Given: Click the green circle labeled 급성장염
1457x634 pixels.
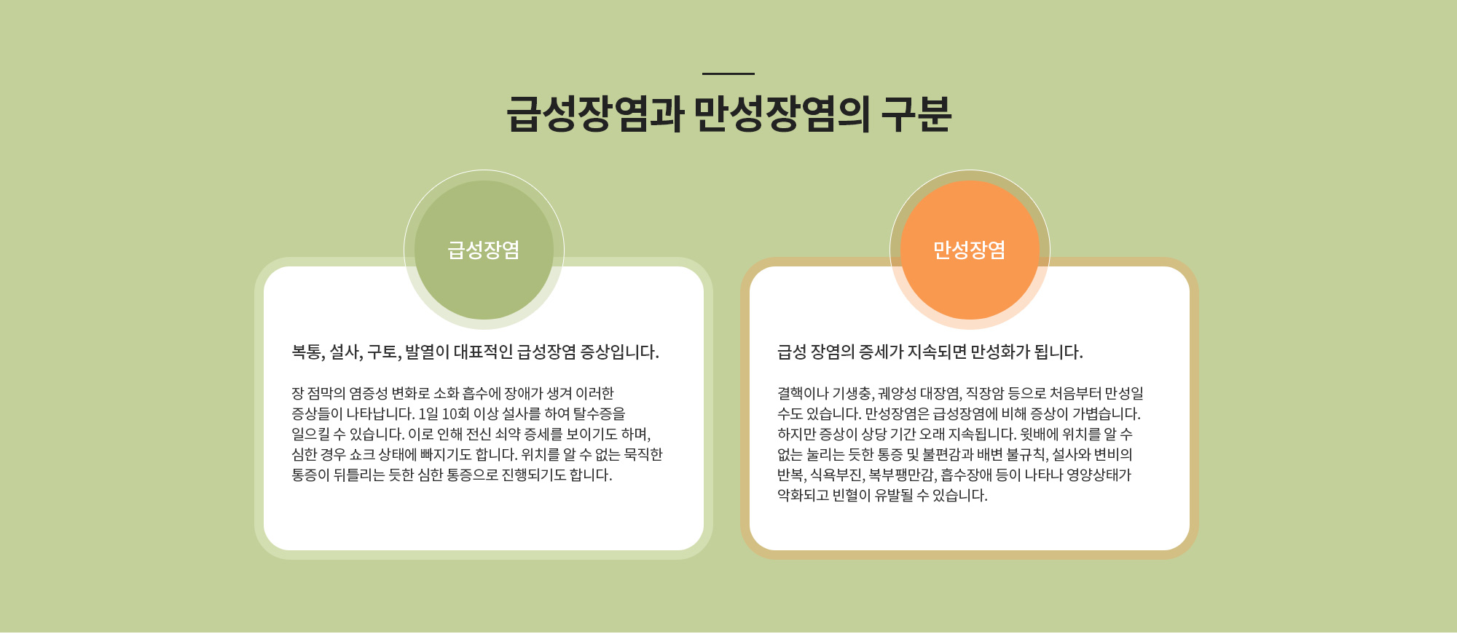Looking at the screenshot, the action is click(x=484, y=250).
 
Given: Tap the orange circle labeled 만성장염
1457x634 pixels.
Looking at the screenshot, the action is click(x=970, y=250).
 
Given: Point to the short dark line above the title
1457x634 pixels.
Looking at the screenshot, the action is click(x=728, y=74).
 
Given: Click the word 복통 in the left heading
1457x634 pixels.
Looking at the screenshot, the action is click(x=307, y=352).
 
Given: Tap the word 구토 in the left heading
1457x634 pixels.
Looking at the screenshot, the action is click(x=382, y=352).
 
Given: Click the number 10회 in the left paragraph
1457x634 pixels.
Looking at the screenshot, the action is click(x=455, y=414).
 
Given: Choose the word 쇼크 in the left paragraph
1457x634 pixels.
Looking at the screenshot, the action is click(x=362, y=455).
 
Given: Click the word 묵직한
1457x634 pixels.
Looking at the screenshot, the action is click(x=643, y=455).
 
